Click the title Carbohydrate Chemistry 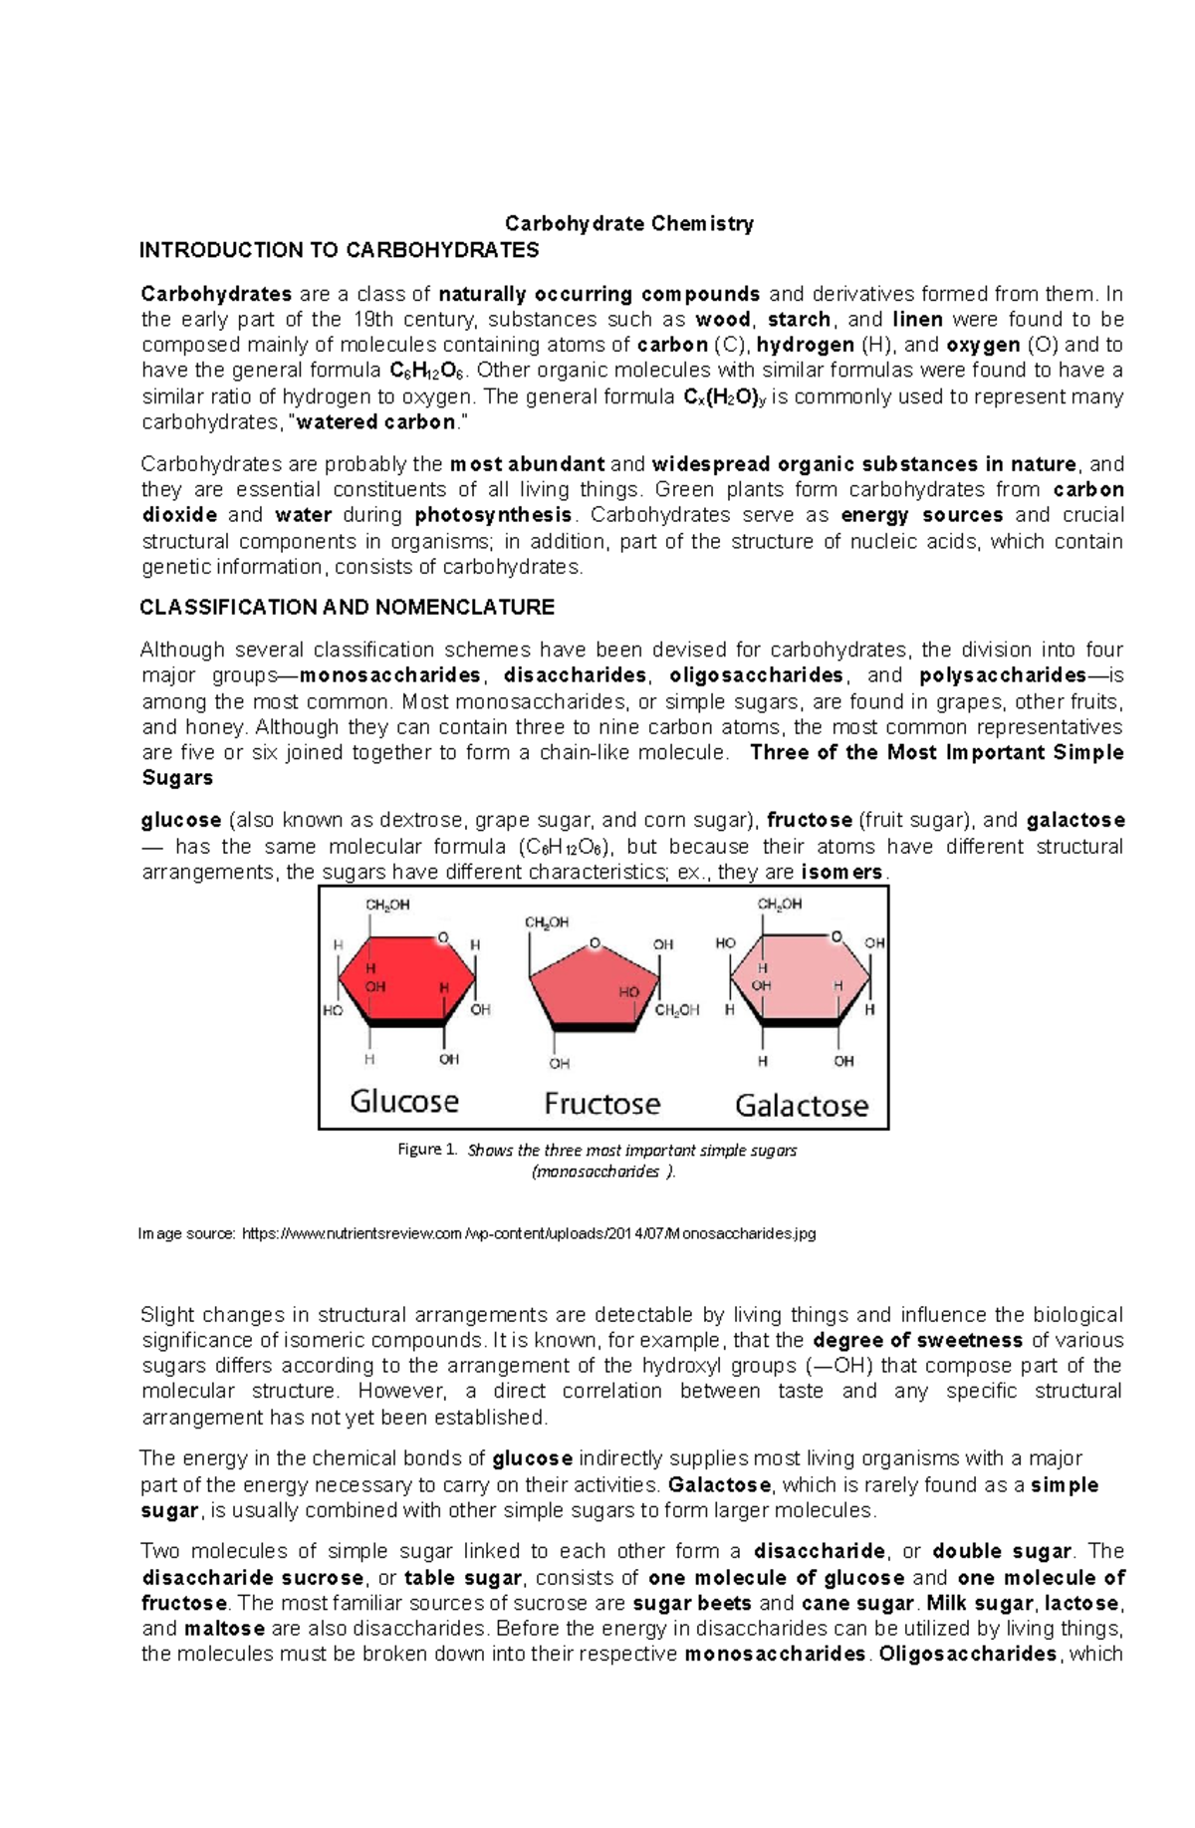629,223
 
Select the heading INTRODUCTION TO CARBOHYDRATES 339,250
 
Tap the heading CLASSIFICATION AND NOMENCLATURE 347,607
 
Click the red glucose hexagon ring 406,981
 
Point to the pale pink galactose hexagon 801,981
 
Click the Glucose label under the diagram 404,1102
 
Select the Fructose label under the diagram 601,1104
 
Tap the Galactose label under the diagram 801,1105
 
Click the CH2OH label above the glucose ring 387,906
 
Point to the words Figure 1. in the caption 427,1150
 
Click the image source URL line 478,1233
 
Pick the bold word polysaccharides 1003,675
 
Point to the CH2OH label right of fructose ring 677,1010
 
